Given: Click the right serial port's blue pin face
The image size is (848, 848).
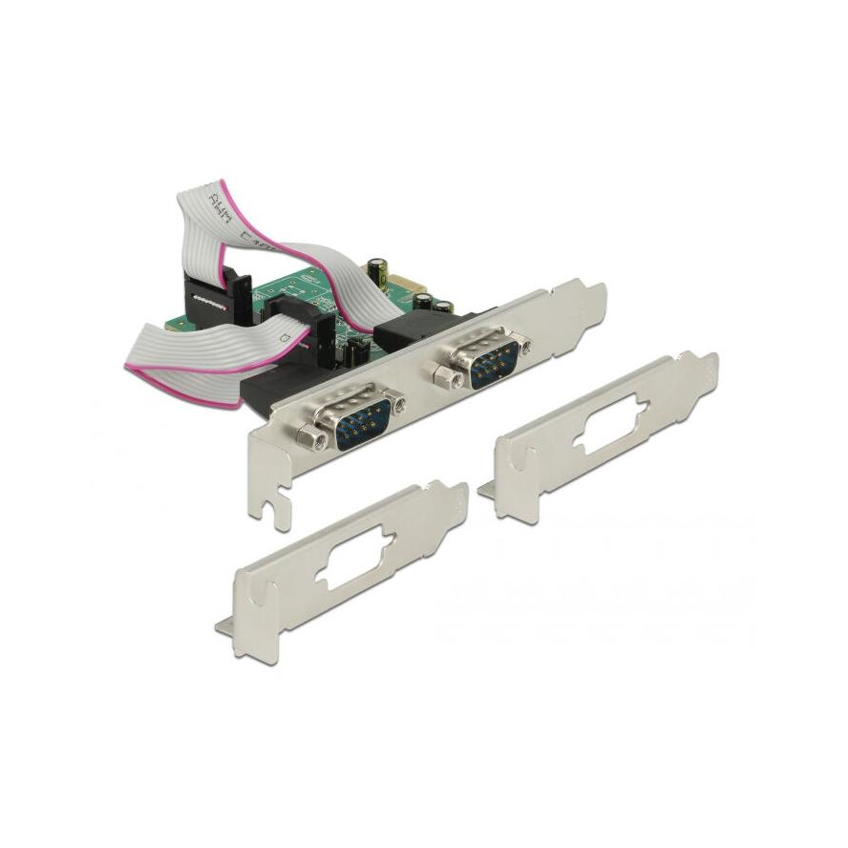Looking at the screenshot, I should click(492, 357).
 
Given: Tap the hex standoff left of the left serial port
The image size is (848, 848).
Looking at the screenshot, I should click(308, 438).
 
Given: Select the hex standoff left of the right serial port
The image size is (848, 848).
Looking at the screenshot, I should click(443, 378).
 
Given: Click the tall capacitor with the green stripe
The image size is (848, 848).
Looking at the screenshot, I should click(379, 269).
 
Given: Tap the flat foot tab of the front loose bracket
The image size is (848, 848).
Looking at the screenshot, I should click(225, 625).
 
